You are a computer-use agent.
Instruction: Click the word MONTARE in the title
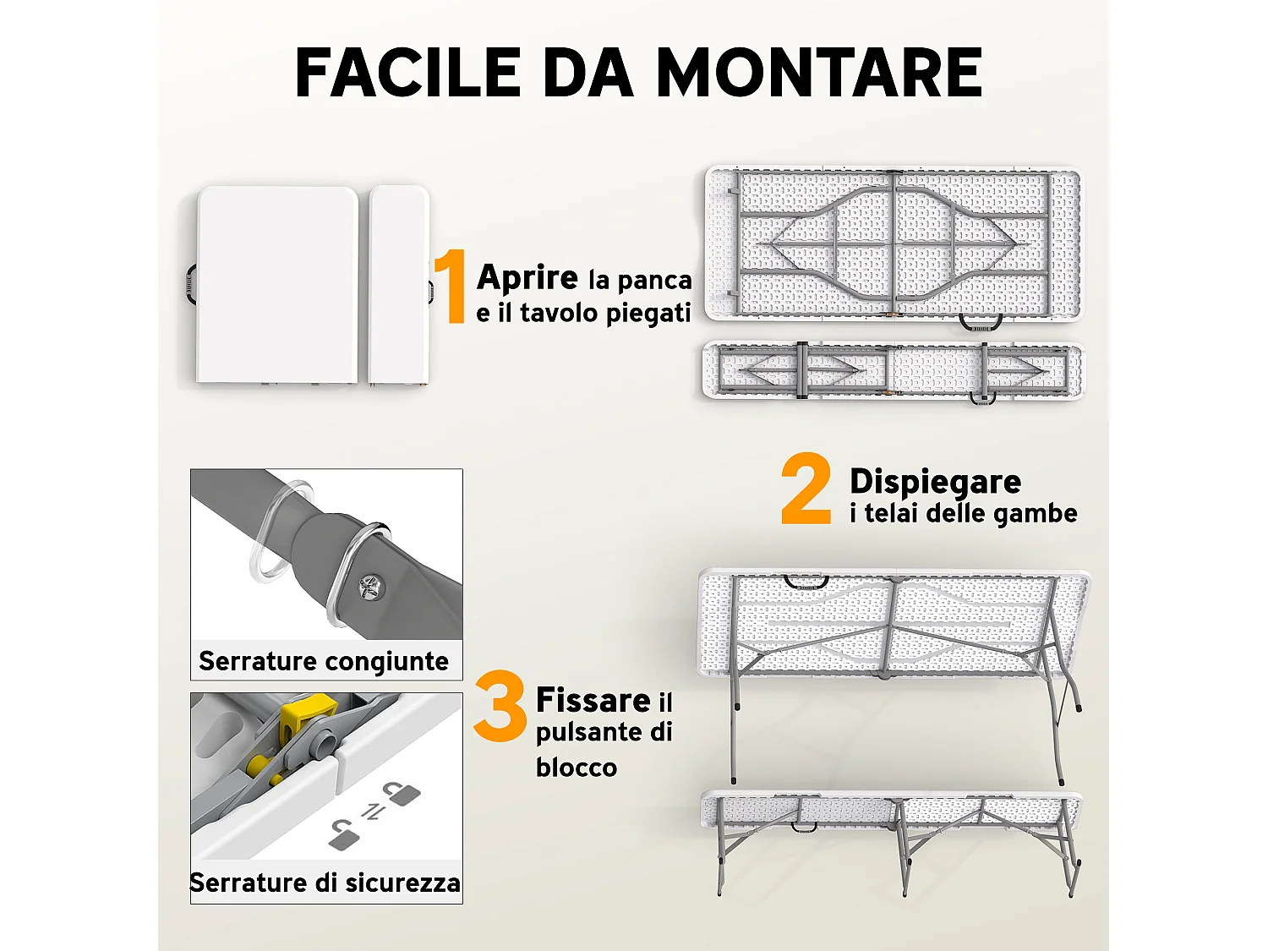click(x=818, y=73)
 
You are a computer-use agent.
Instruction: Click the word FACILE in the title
click(x=408, y=73)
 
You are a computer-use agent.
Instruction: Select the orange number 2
click(x=806, y=489)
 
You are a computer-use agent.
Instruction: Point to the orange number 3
click(x=500, y=706)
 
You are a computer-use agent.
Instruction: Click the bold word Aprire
click(x=527, y=277)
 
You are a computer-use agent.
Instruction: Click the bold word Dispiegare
click(x=935, y=481)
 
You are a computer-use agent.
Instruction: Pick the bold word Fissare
click(x=593, y=700)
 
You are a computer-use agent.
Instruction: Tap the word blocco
click(x=577, y=768)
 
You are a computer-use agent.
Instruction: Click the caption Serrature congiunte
click(x=324, y=661)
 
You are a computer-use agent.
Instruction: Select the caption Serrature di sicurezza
click(x=325, y=883)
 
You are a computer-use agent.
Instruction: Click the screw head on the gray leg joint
click(x=370, y=585)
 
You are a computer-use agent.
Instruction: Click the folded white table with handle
click(x=277, y=284)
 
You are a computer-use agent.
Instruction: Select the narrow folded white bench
click(x=399, y=284)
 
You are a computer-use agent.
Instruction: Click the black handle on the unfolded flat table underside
click(x=981, y=323)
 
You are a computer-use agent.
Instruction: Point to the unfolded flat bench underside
click(x=892, y=370)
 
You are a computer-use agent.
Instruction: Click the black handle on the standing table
click(x=805, y=582)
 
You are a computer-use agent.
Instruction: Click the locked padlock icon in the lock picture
click(x=402, y=794)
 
